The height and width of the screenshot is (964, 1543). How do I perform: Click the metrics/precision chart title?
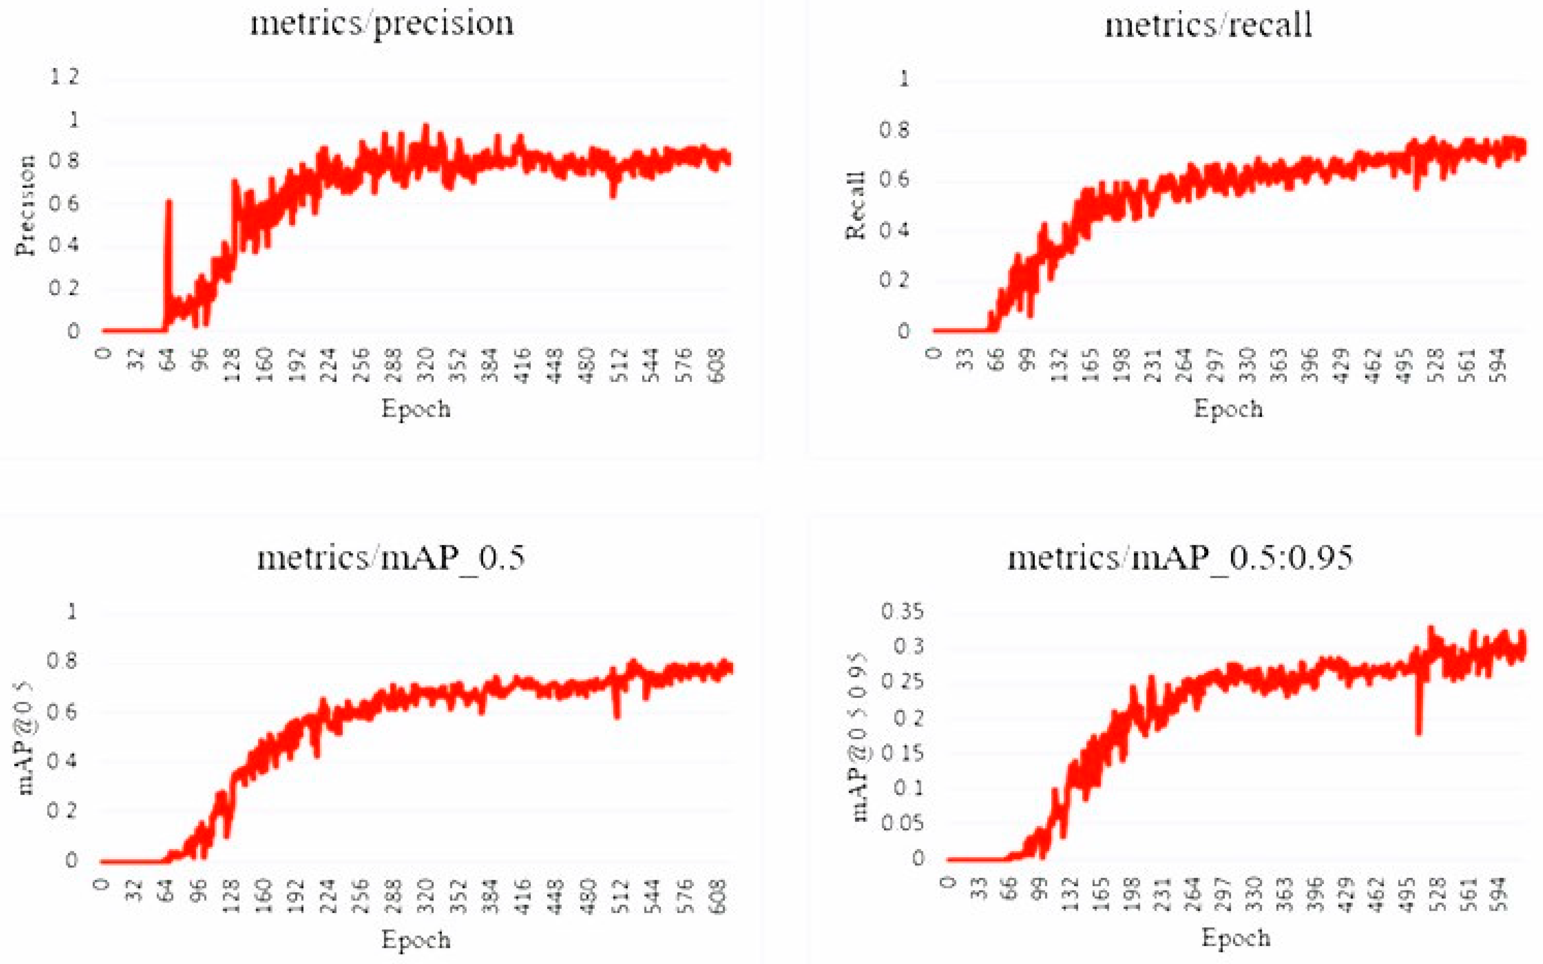pyautogui.click(x=381, y=24)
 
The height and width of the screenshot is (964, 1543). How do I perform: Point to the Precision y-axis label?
pyautogui.click(x=25, y=205)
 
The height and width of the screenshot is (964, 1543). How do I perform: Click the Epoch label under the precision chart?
pyautogui.click(x=416, y=409)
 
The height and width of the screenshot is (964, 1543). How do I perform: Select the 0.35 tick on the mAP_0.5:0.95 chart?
pyautogui.click(x=902, y=612)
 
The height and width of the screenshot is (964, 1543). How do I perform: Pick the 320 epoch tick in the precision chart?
pyautogui.click(x=426, y=365)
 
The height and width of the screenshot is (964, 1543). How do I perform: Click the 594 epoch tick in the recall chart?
pyautogui.click(x=1500, y=365)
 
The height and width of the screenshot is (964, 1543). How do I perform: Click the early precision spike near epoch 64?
pyautogui.click(x=169, y=203)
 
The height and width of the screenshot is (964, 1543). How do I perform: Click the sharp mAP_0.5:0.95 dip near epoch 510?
pyautogui.click(x=1418, y=732)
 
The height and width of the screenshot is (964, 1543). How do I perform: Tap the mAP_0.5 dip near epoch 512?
pyautogui.click(x=616, y=715)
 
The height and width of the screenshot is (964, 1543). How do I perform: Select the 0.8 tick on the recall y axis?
pyautogui.click(x=893, y=130)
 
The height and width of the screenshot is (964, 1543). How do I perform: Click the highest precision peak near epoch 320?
pyautogui.click(x=426, y=126)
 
